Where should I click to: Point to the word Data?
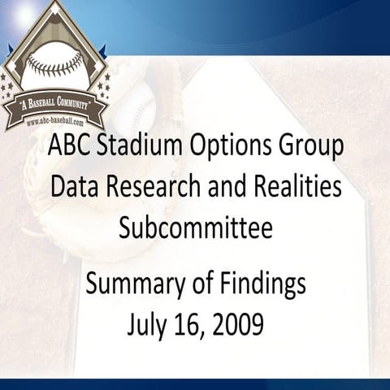click(72, 188)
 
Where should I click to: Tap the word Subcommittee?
click(195, 227)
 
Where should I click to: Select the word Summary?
click(132, 284)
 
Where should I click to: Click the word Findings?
click(261, 284)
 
